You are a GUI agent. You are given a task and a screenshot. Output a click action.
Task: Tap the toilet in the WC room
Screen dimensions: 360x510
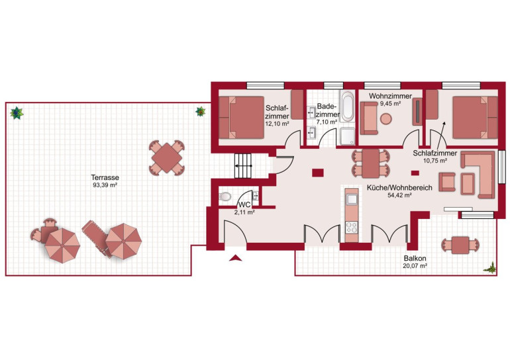click(225, 196)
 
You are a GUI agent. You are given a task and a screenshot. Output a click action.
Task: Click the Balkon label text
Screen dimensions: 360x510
click(415, 259)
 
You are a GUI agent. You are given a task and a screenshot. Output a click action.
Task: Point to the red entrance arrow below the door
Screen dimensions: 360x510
click(234, 259)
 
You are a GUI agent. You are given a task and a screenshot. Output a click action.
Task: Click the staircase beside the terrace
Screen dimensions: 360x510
click(245, 165)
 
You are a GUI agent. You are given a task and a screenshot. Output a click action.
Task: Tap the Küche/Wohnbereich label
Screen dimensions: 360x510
click(399, 188)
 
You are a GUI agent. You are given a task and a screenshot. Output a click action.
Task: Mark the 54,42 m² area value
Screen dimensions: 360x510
click(399, 196)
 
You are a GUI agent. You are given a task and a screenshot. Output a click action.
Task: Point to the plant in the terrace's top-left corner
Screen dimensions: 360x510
click(17, 113)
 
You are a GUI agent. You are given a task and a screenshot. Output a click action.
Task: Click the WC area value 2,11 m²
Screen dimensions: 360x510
click(245, 213)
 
